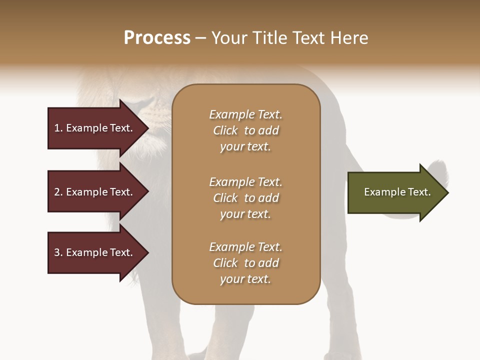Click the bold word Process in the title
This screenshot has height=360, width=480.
(x=157, y=38)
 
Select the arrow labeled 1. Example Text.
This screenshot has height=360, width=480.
(x=95, y=128)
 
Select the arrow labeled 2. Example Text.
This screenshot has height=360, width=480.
(x=95, y=192)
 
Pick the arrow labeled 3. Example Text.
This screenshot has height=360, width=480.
(x=95, y=252)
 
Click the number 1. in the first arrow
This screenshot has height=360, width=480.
(x=58, y=128)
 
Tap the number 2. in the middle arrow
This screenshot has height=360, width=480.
(x=58, y=192)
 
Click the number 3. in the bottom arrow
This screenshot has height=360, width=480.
(x=58, y=252)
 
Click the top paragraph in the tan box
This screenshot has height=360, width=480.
(x=245, y=130)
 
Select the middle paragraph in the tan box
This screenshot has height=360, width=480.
(x=245, y=198)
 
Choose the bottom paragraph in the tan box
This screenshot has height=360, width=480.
(x=245, y=263)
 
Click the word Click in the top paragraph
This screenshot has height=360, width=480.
(x=225, y=130)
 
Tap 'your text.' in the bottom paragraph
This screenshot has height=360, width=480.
(x=245, y=279)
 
